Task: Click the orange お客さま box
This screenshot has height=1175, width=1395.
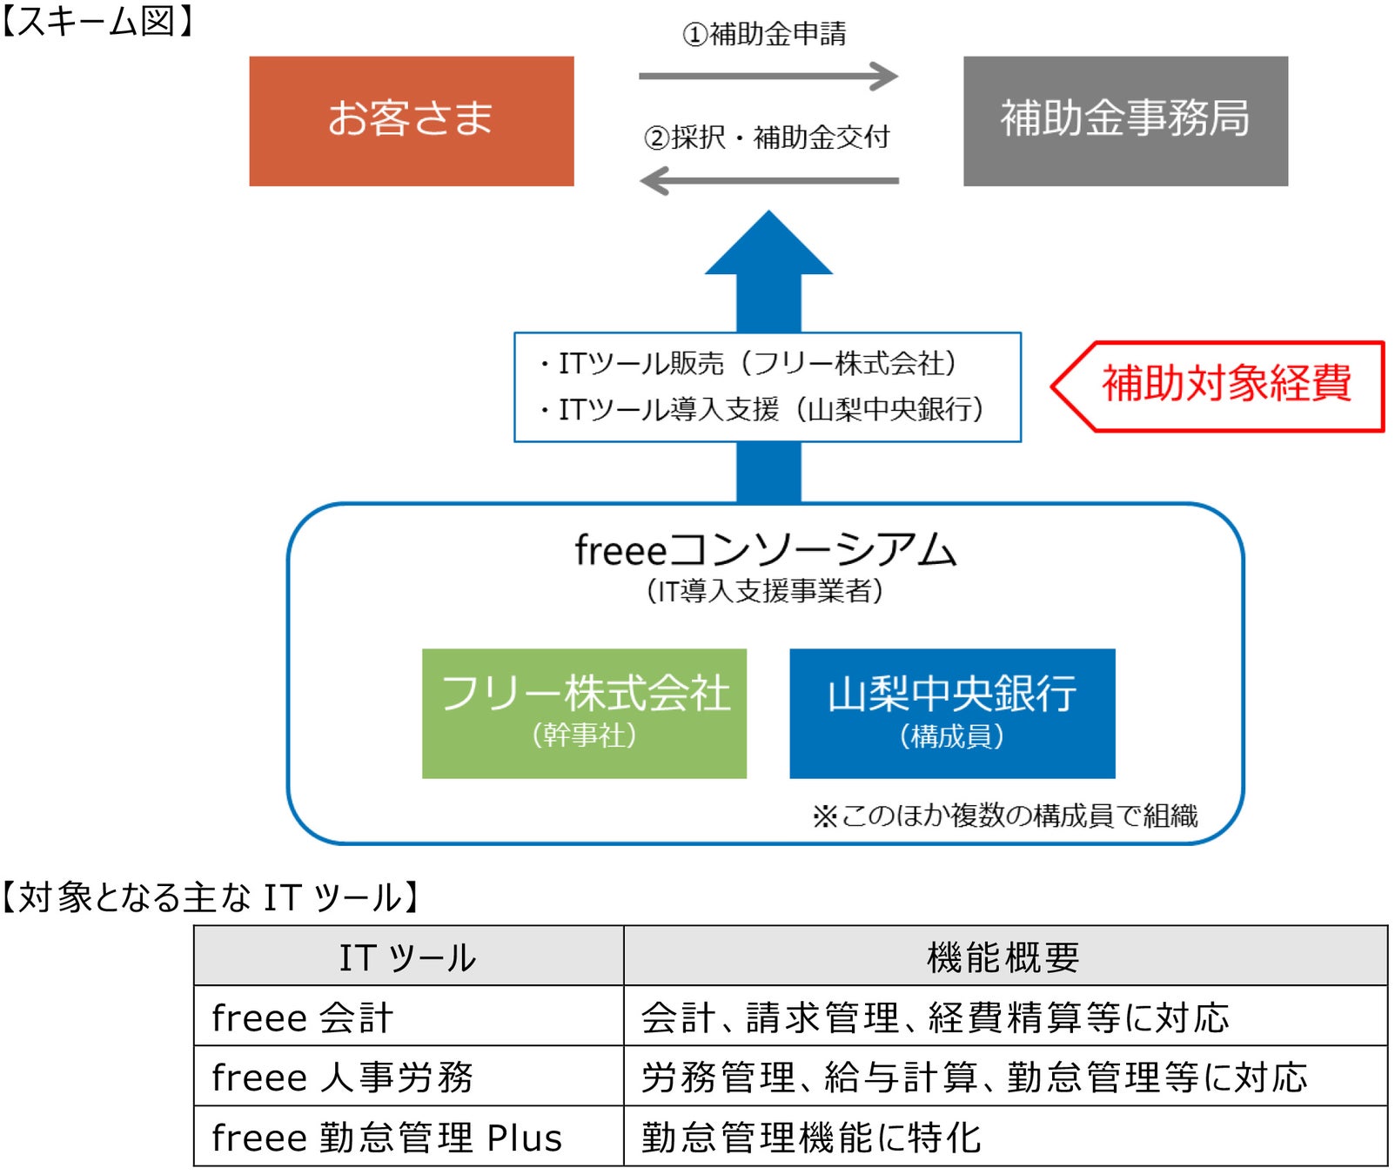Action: (x=411, y=121)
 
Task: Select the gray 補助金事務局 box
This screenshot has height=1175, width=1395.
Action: (x=1124, y=121)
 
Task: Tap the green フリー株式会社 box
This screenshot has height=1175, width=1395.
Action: (x=584, y=713)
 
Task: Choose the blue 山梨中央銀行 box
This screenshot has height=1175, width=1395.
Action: (x=951, y=713)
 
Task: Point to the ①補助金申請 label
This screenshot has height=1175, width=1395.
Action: (x=763, y=34)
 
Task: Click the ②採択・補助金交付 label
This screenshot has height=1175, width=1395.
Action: (x=766, y=138)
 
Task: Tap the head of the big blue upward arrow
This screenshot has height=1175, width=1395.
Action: (x=768, y=248)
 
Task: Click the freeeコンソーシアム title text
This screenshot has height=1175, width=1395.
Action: (x=765, y=550)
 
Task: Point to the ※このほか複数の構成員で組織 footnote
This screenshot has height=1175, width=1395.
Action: (x=1004, y=816)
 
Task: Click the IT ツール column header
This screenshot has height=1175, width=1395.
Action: (x=407, y=957)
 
